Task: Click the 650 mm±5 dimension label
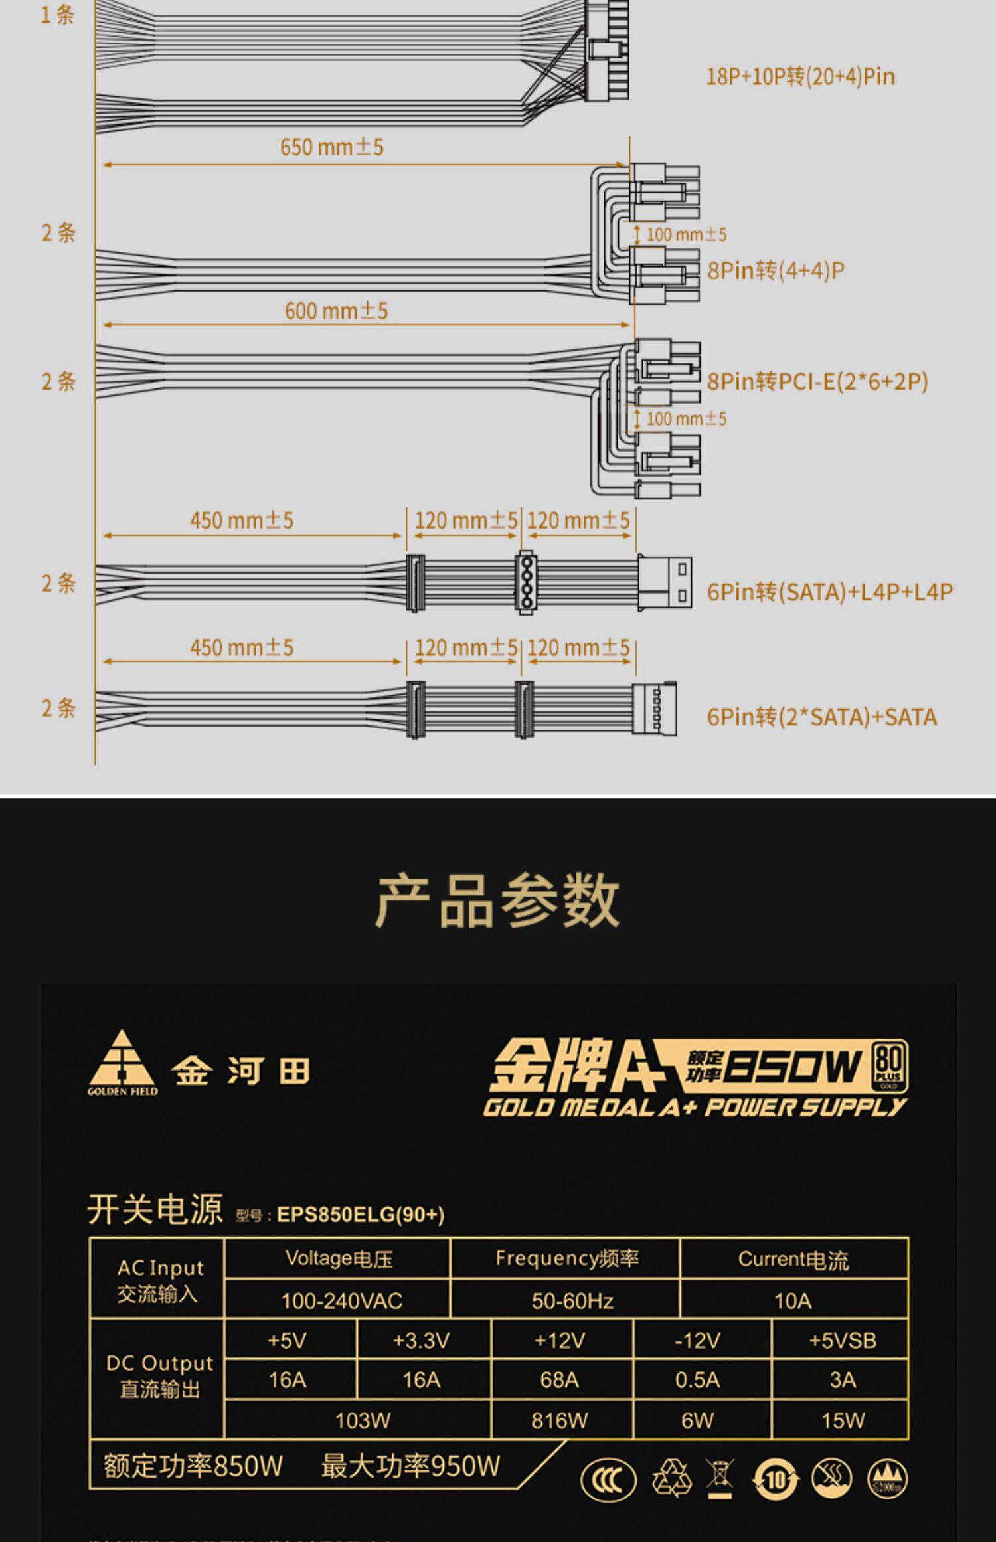tap(331, 147)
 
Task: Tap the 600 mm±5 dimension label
tap(336, 311)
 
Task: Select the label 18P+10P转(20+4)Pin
tap(800, 76)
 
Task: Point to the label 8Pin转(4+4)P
tap(776, 270)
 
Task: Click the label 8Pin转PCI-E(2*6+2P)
tap(817, 381)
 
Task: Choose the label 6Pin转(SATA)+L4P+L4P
tap(829, 592)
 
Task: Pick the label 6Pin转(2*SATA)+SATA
tap(821, 717)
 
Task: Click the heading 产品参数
tap(497, 900)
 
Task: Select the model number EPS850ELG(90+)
tap(361, 1215)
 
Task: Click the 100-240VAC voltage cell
tap(341, 1300)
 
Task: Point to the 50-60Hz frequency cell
tap(572, 1300)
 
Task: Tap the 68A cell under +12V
tap(559, 1380)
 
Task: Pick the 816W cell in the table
tap(559, 1420)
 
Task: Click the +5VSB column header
tap(842, 1341)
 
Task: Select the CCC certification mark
tap(608, 1480)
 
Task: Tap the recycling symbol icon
tap(671, 1479)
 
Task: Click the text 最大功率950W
tap(410, 1466)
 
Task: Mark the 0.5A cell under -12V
tap(697, 1380)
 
